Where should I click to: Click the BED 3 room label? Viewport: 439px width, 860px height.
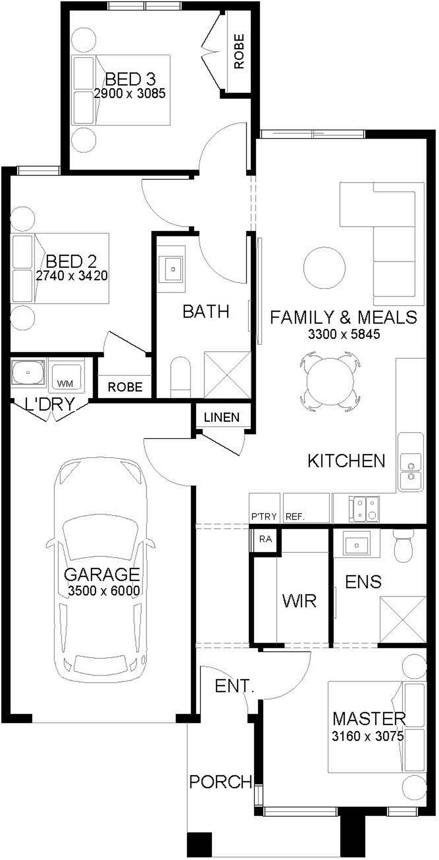pyautogui.click(x=130, y=79)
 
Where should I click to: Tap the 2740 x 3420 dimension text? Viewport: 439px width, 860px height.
pyautogui.click(x=72, y=276)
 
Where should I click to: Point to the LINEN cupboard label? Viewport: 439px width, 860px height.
pyautogui.click(x=222, y=417)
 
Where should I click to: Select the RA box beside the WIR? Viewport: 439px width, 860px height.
pyautogui.click(x=266, y=539)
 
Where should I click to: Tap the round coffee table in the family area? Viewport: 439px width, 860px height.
pyautogui.click(x=324, y=268)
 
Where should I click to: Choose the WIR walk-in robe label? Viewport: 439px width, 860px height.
pyautogui.click(x=299, y=601)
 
